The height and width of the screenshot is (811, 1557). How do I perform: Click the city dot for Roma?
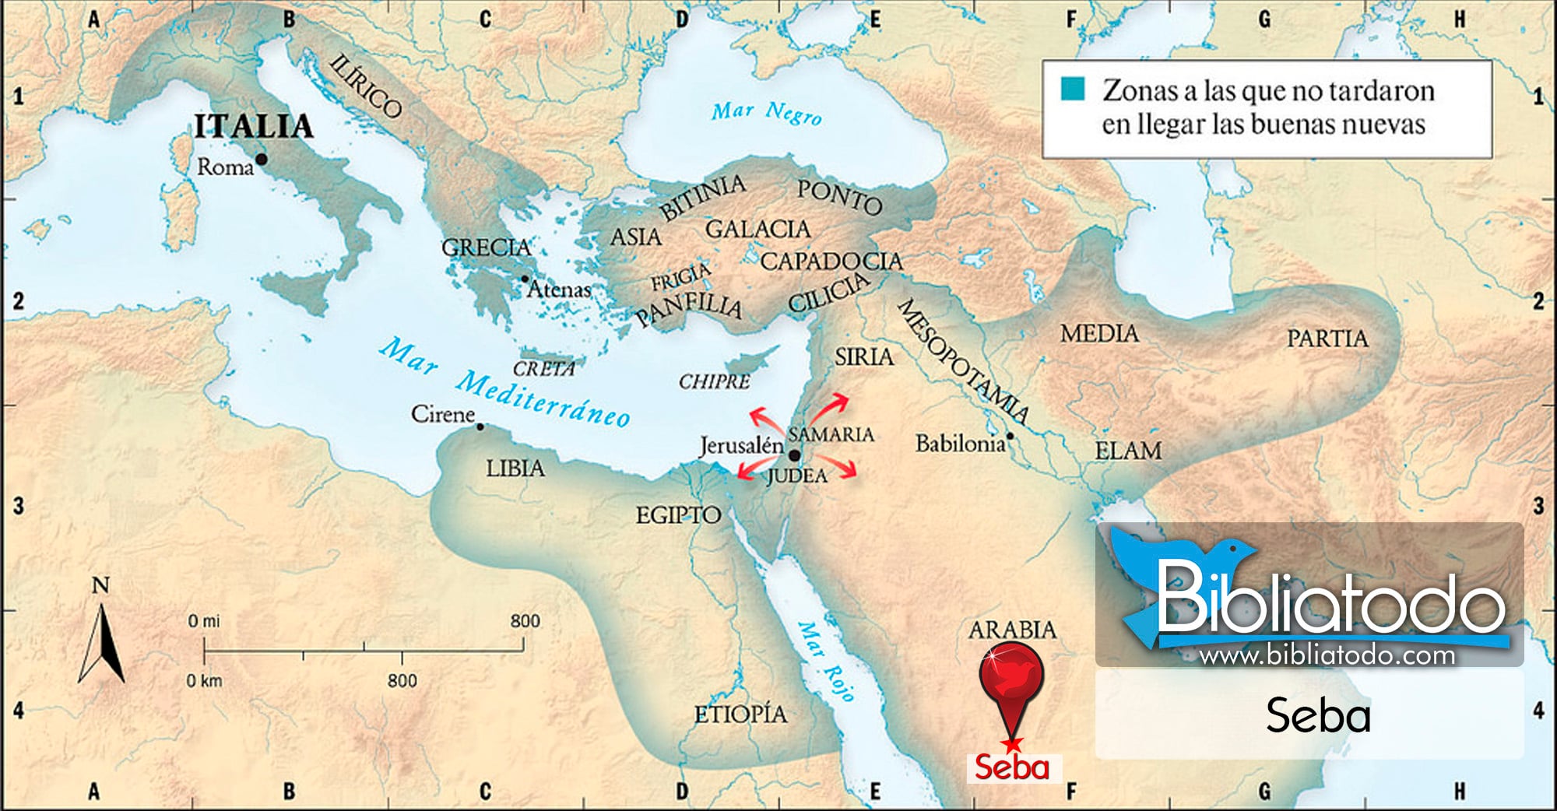[x=262, y=160]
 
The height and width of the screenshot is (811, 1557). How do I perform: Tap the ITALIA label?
[x=253, y=126]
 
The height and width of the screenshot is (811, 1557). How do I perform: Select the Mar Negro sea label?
[x=766, y=113]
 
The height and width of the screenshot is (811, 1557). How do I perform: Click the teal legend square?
[x=1072, y=89]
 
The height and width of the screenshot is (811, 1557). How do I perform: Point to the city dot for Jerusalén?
[x=794, y=455]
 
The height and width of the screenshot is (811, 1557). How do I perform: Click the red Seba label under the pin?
[x=1012, y=767]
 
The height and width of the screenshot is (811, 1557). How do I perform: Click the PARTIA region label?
[x=1327, y=339]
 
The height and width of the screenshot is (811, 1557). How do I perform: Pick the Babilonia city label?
[x=961, y=444]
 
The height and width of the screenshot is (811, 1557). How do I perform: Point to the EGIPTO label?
[x=678, y=514]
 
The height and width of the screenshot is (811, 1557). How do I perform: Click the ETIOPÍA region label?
[x=740, y=714]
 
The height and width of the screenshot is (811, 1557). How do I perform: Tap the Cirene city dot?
[x=480, y=427]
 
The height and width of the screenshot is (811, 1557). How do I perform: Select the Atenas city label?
[x=559, y=290]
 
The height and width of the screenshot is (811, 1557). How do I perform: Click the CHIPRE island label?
[x=714, y=381]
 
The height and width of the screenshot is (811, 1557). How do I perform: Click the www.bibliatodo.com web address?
[x=1327, y=655]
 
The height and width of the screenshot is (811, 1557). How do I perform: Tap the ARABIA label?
[x=1012, y=629]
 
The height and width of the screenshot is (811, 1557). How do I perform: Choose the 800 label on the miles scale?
[x=525, y=621]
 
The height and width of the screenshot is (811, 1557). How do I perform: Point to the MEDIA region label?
[x=1098, y=334]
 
